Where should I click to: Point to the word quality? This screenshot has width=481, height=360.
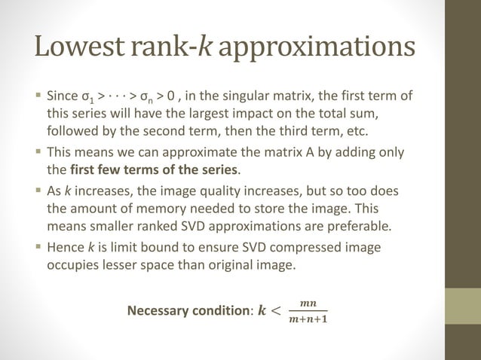pyautogui.click(x=237, y=192)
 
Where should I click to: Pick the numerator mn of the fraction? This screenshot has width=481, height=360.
pyautogui.click(x=308, y=303)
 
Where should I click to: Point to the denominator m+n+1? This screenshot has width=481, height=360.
pyautogui.click(x=308, y=319)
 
